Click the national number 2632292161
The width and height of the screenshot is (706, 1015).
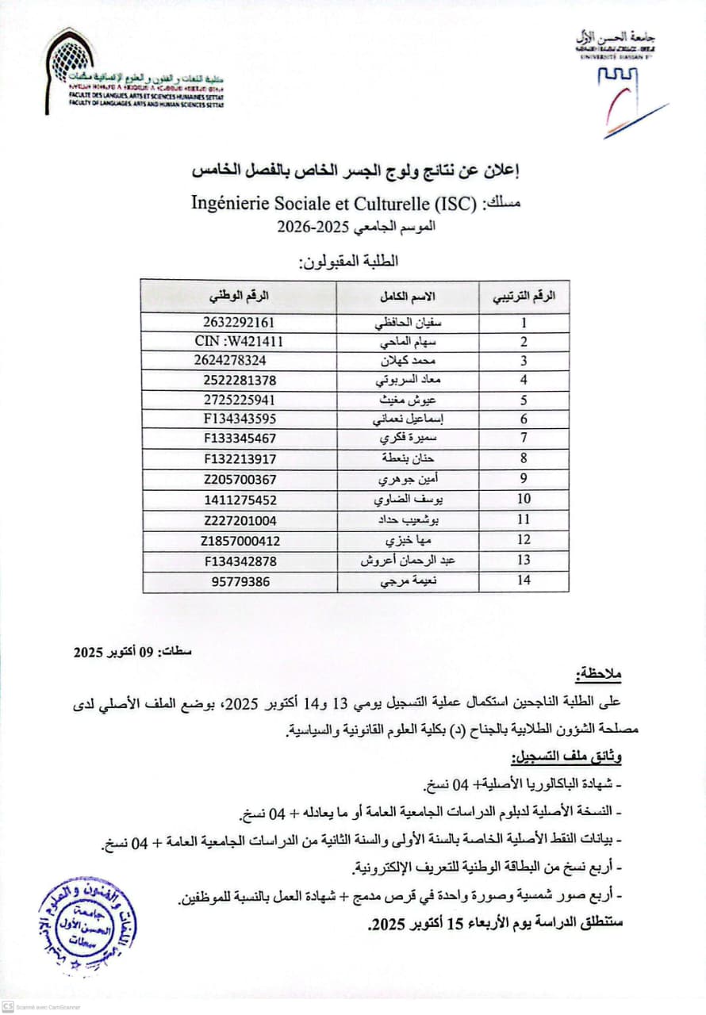(239, 323)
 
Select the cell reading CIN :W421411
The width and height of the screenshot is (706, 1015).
(239, 342)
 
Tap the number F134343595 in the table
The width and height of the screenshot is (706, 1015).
(239, 419)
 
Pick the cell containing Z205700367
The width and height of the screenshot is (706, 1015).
(239, 479)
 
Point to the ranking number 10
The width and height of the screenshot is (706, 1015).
(524, 500)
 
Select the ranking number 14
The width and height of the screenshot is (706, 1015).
(524, 580)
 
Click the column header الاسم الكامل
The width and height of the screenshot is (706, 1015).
(409, 296)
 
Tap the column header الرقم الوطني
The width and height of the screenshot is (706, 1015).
(239, 296)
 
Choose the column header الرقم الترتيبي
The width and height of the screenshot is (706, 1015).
(524, 296)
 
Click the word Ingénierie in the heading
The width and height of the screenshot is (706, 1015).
(232, 203)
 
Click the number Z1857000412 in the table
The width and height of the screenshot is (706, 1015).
(240, 541)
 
